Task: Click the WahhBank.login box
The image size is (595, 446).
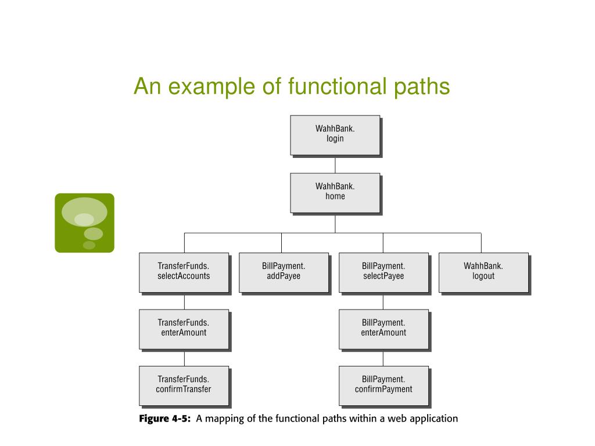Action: pyautogui.click(x=335, y=135)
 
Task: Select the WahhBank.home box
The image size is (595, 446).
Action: pyautogui.click(x=335, y=192)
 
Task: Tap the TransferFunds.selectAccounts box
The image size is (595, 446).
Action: pyautogui.click(x=184, y=272)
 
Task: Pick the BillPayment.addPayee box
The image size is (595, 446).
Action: pyautogui.click(x=284, y=272)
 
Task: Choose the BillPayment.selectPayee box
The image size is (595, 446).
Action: pyautogui.click(x=383, y=272)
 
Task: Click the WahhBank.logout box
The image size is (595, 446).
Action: pyautogui.click(x=483, y=272)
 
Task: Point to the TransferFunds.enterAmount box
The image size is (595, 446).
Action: pyautogui.click(x=184, y=329)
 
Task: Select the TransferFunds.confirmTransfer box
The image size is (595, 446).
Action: pyautogui.click(x=184, y=385)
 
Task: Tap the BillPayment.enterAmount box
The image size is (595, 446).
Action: pyautogui.click(x=383, y=329)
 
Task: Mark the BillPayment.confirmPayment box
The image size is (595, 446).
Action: pyautogui.click(x=383, y=385)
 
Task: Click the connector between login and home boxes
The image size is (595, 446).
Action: pyautogui.click(x=335, y=164)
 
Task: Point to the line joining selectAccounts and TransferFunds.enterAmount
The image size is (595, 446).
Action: pyautogui.click(x=184, y=301)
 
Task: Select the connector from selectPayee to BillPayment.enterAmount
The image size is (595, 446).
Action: pyautogui.click(x=383, y=301)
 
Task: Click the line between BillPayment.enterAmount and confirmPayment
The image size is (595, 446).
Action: pyautogui.click(x=383, y=358)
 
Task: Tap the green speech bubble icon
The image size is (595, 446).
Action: pyautogui.click(x=84, y=223)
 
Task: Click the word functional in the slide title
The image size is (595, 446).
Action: pyautogui.click(x=336, y=87)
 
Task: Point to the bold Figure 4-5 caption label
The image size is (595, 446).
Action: pyautogui.click(x=165, y=419)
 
